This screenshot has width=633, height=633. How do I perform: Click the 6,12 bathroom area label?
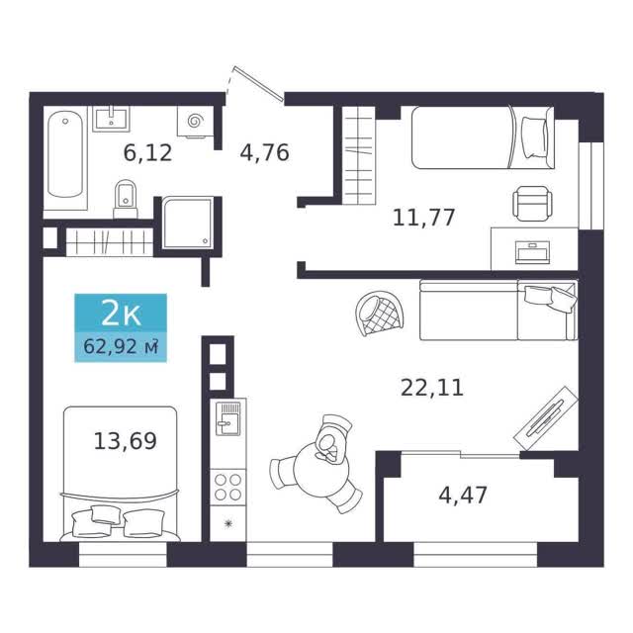click(x=147, y=153)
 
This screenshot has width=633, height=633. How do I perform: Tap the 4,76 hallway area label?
click(x=265, y=153)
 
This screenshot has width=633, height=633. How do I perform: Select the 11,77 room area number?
click(x=424, y=218)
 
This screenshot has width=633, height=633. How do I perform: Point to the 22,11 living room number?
click(x=432, y=388)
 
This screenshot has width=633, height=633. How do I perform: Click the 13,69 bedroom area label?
click(x=126, y=441)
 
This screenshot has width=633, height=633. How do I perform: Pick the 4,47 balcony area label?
click(x=463, y=496)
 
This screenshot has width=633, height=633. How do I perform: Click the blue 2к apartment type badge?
click(x=121, y=314)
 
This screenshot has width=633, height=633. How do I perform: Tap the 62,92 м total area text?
click(x=121, y=347)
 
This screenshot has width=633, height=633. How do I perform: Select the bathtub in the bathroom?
click(x=65, y=155)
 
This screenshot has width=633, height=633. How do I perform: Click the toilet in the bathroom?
click(x=126, y=200)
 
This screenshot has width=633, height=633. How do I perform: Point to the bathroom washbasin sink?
click(x=111, y=119)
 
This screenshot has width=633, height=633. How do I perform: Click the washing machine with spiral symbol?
click(x=195, y=121)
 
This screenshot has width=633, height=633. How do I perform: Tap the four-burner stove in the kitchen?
click(x=228, y=487)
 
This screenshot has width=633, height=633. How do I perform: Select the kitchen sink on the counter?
click(x=228, y=418)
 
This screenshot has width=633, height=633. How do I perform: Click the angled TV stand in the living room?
click(x=545, y=418)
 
